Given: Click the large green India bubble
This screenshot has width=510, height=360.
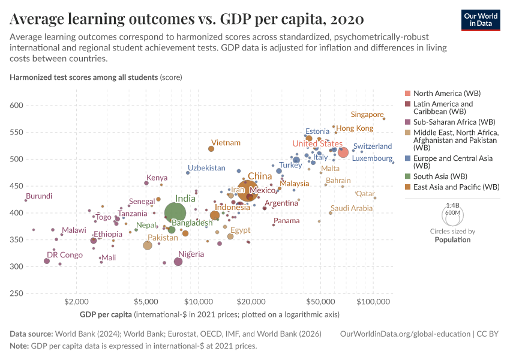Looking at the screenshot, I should [175, 212].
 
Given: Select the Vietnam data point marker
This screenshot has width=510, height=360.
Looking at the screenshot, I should [211, 149].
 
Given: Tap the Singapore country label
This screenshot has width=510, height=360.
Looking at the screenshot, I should [367, 115].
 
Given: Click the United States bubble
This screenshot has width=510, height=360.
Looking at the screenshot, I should [343, 152].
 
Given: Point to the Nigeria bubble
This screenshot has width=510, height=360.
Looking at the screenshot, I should [178, 262].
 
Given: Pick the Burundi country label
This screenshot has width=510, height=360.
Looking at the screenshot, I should [39, 196].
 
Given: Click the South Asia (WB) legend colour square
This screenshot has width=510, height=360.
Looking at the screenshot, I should [408, 176].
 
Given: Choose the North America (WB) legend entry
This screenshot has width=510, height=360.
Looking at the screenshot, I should [447, 94].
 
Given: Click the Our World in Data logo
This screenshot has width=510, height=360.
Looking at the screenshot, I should [480, 19].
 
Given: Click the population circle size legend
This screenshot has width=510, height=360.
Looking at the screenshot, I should [452, 214].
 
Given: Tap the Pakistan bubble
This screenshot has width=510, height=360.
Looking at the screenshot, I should [148, 245].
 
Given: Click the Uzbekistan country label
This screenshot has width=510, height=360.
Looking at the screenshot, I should [206, 168].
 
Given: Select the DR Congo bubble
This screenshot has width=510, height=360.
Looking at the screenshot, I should [47, 261].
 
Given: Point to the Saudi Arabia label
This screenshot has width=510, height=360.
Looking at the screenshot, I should [352, 208].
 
